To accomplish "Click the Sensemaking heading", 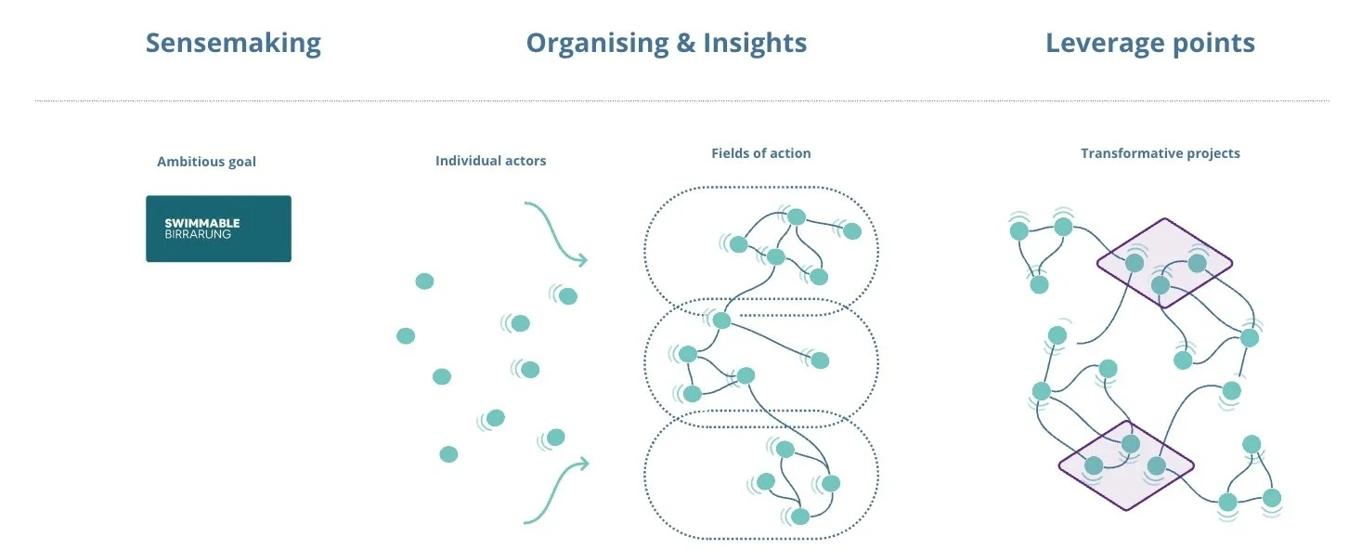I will [233, 43].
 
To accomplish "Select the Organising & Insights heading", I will [666, 43].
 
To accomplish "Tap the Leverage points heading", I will [1149, 43].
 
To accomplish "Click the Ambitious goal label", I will [206, 162].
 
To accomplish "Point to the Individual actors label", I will [490, 161].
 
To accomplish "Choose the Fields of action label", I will [760, 153].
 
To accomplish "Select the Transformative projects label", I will [1160, 153].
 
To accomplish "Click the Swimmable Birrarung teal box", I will [218, 229].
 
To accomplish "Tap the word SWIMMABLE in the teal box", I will [201, 223].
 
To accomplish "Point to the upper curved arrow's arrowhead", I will [582, 260].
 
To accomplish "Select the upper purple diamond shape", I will [1164, 264].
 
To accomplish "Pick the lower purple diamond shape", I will [1125, 465].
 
